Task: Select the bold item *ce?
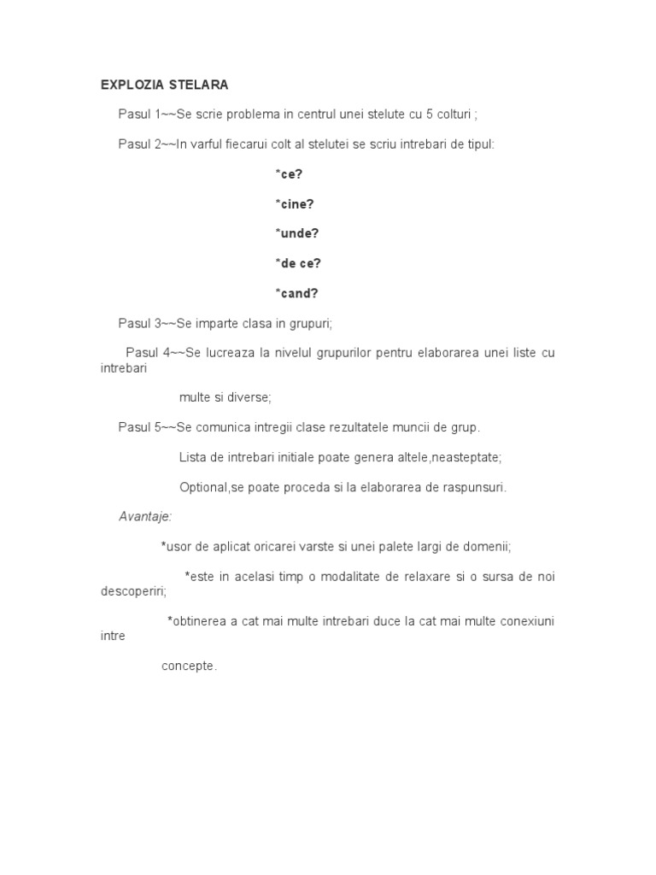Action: [x=289, y=174]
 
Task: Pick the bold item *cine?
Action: [x=294, y=204]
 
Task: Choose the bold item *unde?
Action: [x=296, y=234]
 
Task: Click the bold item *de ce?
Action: [x=297, y=264]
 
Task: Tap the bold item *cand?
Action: [x=296, y=294]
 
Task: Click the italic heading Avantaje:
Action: [x=145, y=516]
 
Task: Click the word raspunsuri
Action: [x=476, y=487]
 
